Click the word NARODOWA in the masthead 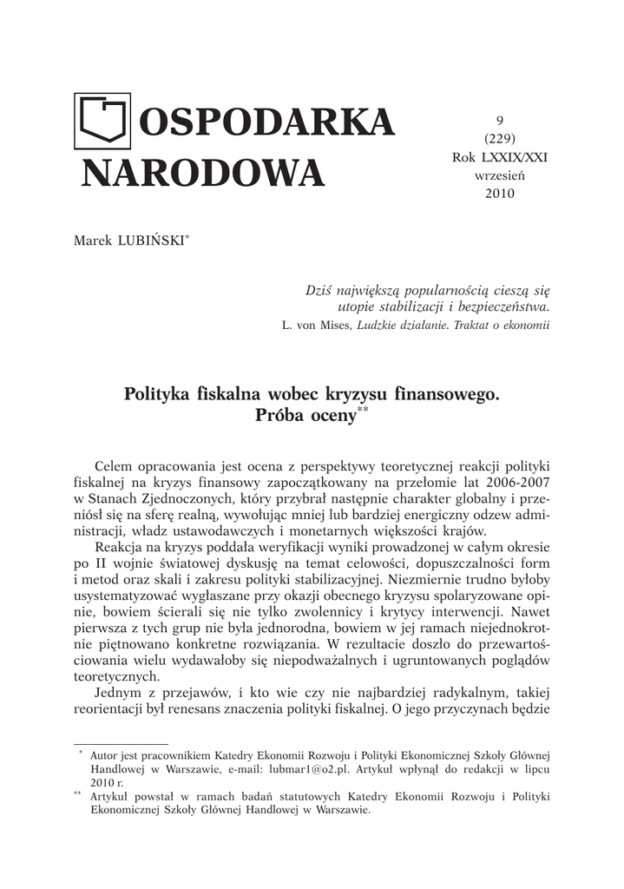point(202,173)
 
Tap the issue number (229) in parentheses point(499,139)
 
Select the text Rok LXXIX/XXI point(499,157)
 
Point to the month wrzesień point(499,175)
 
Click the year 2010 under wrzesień point(499,193)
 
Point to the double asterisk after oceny point(364,410)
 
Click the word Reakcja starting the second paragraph point(121,550)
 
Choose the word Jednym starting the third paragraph point(121,693)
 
